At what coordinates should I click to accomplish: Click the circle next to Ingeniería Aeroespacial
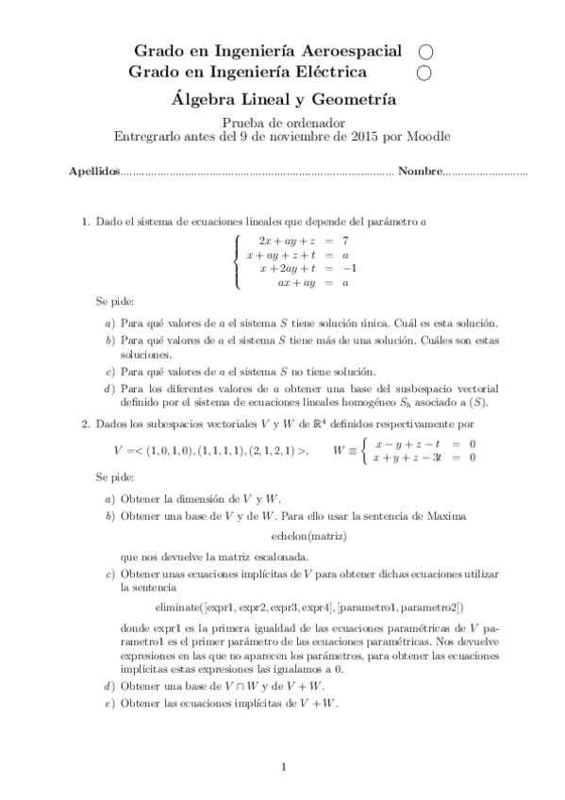click(425, 51)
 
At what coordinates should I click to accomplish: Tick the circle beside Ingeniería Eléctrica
click(425, 72)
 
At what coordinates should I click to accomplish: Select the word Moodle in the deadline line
click(430, 136)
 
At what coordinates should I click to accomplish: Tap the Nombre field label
click(420, 173)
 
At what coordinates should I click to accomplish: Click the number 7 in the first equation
click(346, 241)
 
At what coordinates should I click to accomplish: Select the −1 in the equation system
click(347, 268)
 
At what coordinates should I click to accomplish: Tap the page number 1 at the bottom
click(283, 766)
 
